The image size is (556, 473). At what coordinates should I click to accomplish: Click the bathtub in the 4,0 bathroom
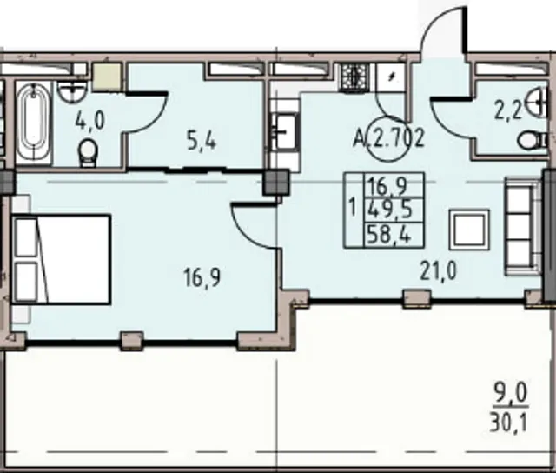click(34, 123)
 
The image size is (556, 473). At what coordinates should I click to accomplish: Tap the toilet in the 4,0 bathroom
click(87, 152)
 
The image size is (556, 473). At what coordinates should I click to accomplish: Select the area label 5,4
click(201, 143)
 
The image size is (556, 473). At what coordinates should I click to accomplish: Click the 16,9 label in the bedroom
click(202, 277)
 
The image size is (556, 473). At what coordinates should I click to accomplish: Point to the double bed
click(62, 259)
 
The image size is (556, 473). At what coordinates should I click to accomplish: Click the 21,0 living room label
click(438, 271)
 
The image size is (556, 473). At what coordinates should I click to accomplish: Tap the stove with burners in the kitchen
click(355, 77)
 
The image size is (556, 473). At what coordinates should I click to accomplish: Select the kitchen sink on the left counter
click(286, 131)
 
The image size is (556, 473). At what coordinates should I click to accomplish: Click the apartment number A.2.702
click(388, 138)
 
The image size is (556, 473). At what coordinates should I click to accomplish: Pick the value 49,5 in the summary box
click(390, 210)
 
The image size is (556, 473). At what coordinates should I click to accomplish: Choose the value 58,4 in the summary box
click(389, 235)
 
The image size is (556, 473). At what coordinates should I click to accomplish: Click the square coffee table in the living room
click(469, 230)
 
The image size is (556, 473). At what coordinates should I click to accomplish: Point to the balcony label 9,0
click(511, 394)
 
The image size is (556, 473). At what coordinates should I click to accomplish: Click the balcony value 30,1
click(508, 423)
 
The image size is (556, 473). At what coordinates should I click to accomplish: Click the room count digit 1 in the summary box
click(352, 208)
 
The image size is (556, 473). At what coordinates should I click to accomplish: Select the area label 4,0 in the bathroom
click(89, 120)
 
